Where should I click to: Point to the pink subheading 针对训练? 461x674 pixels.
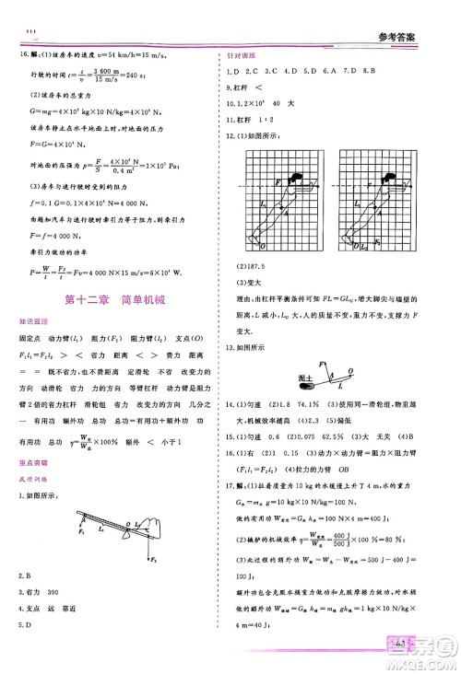tap(241, 55)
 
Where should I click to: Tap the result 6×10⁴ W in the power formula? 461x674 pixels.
tap(181, 272)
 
